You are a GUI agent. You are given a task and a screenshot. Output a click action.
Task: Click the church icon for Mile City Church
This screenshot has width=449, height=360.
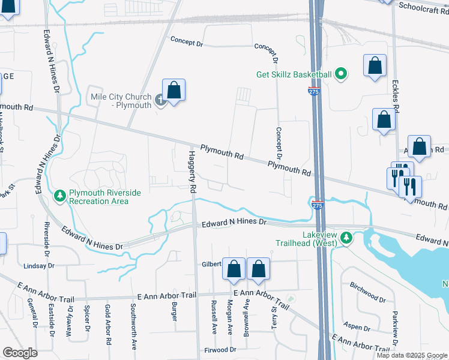coord(160,100)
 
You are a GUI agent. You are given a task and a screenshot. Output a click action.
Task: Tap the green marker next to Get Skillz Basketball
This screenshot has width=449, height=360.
coord(340,74)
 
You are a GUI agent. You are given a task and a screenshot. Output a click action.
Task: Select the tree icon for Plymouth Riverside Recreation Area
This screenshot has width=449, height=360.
coord(60,196)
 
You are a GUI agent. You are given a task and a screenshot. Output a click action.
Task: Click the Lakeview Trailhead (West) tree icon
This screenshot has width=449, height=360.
coord(346,238)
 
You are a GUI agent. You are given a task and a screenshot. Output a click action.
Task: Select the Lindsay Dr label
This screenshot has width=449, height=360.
coord(39,265)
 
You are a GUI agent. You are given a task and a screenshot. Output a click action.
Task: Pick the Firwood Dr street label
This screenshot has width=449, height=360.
coord(220,349)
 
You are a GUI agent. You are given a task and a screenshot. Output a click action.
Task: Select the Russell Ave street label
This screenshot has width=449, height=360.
coord(214,317)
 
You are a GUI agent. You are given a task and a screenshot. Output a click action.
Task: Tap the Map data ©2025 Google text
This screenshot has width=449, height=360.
coord(412,355)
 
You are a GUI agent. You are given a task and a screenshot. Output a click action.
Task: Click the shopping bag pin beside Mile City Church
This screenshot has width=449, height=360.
coord(173,91)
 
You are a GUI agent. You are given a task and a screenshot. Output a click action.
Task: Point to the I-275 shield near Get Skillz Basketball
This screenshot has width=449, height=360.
coord(313,91)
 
